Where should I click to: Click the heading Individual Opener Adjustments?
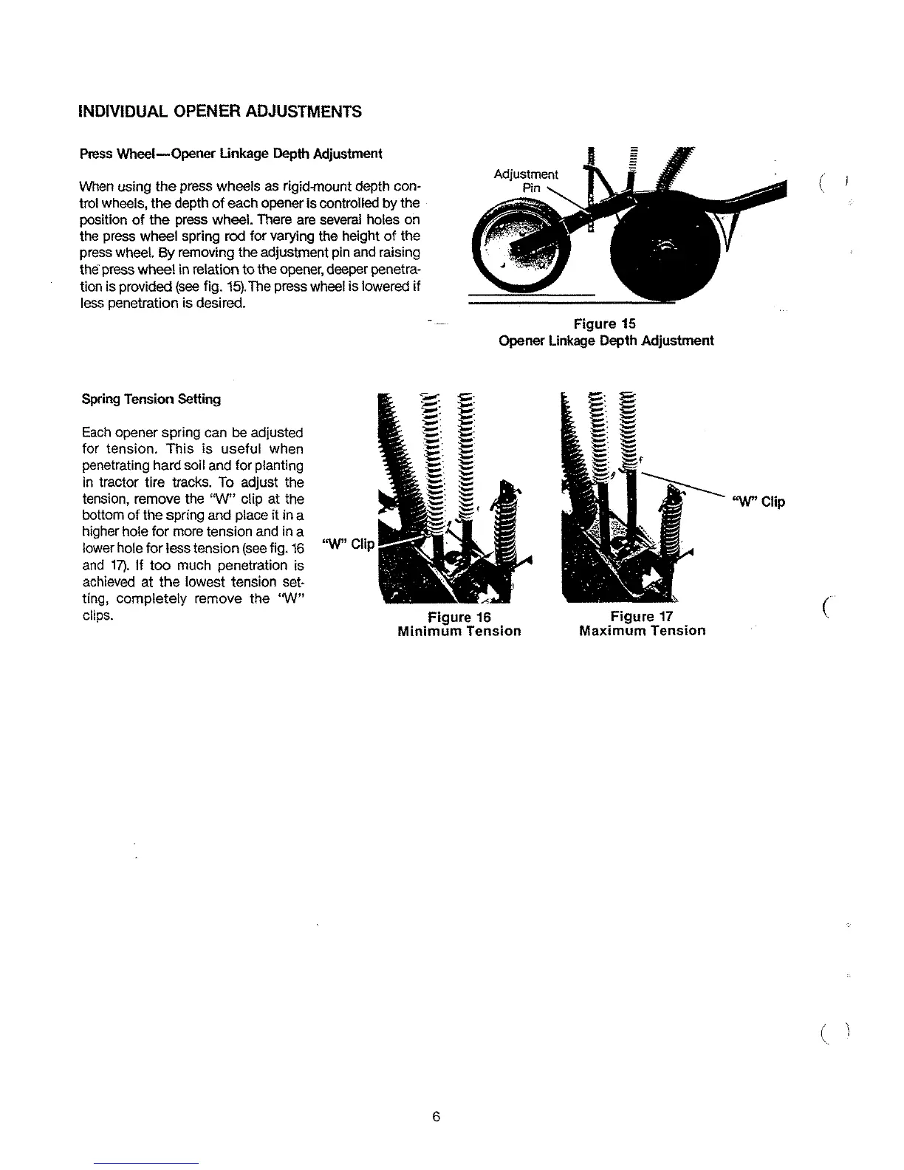pyautogui.click(x=220, y=112)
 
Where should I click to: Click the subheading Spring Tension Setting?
pyautogui.click(x=151, y=399)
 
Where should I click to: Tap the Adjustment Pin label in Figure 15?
pyautogui.click(x=526, y=180)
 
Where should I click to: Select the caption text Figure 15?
pyautogui.click(x=605, y=324)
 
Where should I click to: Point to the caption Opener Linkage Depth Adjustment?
pyautogui.click(x=606, y=341)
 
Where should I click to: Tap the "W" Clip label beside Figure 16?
pyautogui.click(x=349, y=544)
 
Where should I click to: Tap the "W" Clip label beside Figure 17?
pyautogui.click(x=759, y=502)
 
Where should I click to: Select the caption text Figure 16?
pyautogui.click(x=459, y=617)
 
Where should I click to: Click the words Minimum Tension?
pyautogui.click(x=459, y=631)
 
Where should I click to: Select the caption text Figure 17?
pyautogui.click(x=642, y=617)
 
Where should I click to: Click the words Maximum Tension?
pyautogui.click(x=642, y=631)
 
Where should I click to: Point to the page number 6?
pyautogui.click(x=436, y=1117)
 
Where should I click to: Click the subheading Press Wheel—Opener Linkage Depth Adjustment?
pyautogui.click(x=230, y=154)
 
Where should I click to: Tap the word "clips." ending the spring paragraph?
pyautogui.click(x=98, y=615)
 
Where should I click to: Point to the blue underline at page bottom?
pyautogui.click(x=146, y=1163)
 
